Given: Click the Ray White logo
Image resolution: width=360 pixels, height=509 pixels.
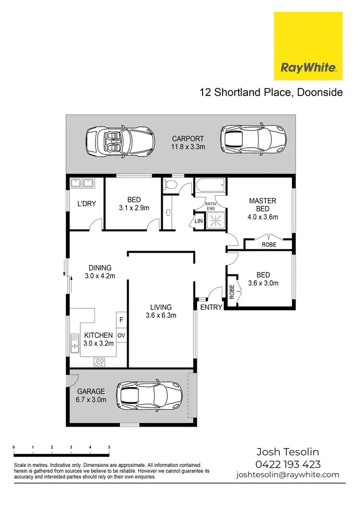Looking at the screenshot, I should [x=308, y=46].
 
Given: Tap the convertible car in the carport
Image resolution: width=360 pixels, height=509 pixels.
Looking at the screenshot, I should [x=120, y=142].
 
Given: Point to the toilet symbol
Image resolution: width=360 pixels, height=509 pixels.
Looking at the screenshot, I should [x=170, y=185].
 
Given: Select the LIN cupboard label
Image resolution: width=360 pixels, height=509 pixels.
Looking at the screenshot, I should [x=199, y=221].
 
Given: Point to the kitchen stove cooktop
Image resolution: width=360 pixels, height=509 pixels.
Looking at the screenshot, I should [x=99, y=362].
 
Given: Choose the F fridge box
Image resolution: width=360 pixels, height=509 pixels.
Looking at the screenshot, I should [x=121, y=319].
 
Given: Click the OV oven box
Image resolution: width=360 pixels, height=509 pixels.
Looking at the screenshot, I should [x=121, y=335].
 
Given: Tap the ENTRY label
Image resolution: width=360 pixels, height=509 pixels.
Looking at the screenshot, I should [x=211, y=307].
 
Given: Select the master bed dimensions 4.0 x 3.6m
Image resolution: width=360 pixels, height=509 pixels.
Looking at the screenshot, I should [x=263, y=217].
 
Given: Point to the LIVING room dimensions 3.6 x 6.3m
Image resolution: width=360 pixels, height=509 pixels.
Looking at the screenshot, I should [x=161, y=315].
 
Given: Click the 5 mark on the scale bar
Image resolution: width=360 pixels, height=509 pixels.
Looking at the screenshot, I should [x=109, y=447].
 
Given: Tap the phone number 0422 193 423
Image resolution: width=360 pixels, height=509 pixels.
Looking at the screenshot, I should [x=288, y=464].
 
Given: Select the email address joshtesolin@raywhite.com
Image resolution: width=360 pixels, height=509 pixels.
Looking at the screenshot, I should [x=288, y=475].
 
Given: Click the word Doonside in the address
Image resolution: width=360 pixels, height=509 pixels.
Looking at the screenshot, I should [x=320, y=92].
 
